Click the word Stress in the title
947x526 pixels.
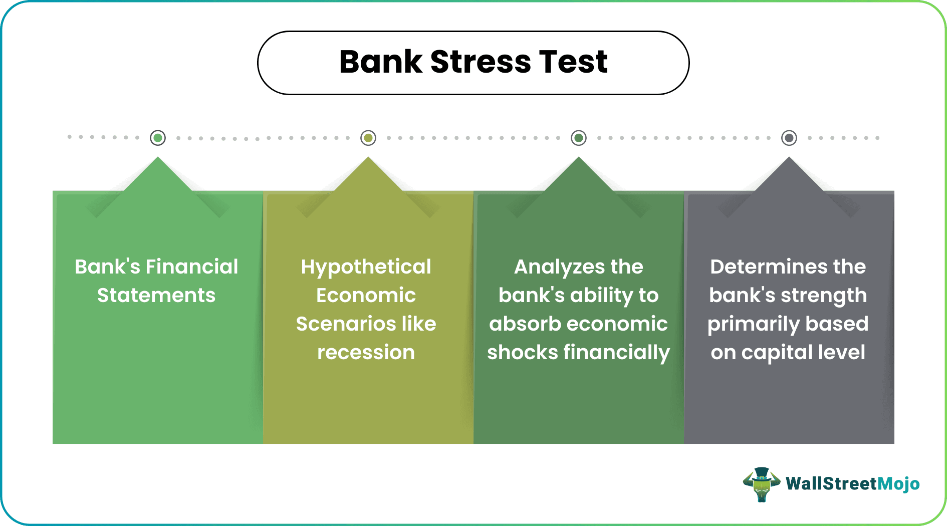tap(480, 62)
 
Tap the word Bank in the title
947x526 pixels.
tap(381, 62)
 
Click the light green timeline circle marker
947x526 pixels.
tap(158, 138)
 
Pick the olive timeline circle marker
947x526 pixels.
tap(368, 138)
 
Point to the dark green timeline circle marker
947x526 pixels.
tap(579, 138)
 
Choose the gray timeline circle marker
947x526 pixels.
tap(789, 138)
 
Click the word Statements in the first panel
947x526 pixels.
tap(156, 296)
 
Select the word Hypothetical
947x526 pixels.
tap(366, 267)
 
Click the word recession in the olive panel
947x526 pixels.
tap(366, 353)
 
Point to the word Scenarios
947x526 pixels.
tap(338, 324)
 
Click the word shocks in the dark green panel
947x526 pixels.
tap(522, 353)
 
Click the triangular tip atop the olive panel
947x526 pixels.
tap(368, 173)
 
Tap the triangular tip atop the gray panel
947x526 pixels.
tap(789, 173)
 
